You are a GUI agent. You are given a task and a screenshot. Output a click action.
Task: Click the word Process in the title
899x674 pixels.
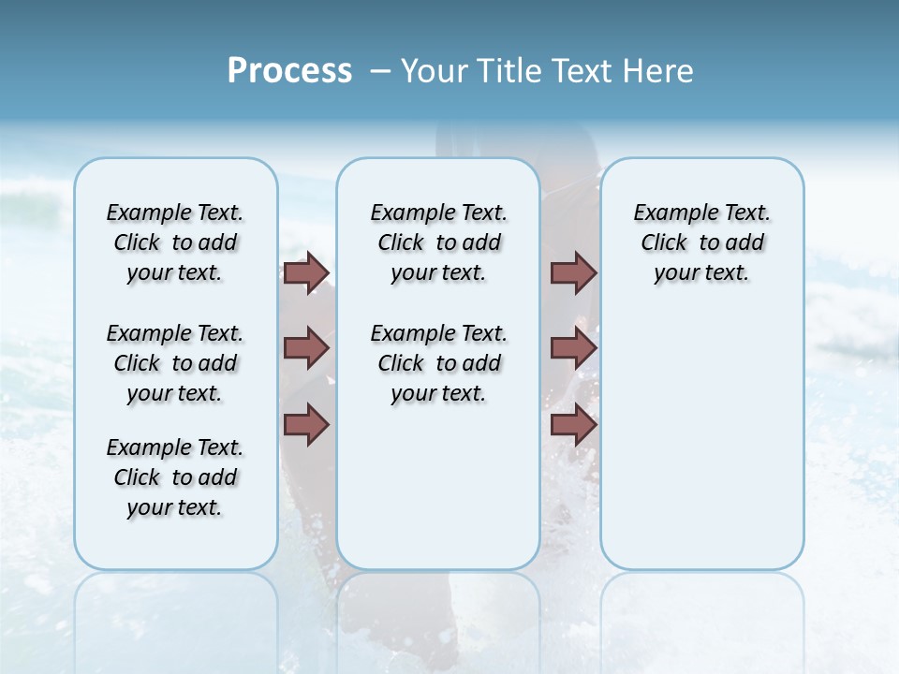[289, 71]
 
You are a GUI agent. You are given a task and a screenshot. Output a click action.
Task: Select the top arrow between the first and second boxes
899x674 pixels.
[306, 272]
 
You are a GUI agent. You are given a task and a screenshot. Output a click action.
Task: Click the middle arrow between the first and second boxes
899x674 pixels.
[306, 348]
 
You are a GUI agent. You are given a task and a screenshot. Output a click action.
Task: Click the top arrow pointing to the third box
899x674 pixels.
[573, 272]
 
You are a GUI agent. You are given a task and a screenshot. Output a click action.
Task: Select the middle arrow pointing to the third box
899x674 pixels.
[573, 348]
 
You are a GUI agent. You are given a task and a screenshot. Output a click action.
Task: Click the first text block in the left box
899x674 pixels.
[175, 242]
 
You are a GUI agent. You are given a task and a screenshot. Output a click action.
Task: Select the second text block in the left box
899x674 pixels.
[175, 363]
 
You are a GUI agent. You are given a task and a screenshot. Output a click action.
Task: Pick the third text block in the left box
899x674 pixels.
[175, 477]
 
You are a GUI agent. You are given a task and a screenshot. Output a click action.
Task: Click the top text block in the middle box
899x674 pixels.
[438, 242]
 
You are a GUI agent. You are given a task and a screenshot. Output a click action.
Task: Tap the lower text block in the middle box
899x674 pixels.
[438, 363]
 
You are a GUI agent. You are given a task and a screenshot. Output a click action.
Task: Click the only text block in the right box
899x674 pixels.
[701, 242]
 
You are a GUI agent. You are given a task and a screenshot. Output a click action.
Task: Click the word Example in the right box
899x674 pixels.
[668, 213]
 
